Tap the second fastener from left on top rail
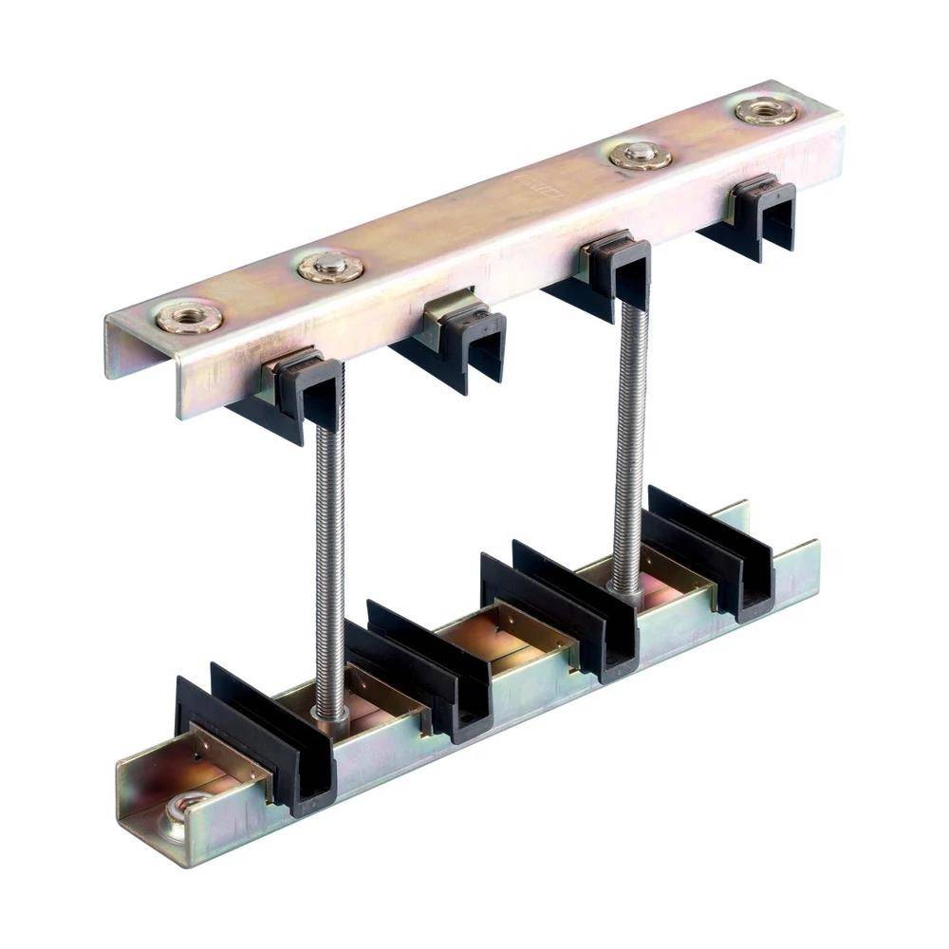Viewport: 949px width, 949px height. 330,267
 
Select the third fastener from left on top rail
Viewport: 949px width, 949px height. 640,155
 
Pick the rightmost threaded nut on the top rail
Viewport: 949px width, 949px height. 766,111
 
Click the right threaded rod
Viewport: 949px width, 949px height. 629,446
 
